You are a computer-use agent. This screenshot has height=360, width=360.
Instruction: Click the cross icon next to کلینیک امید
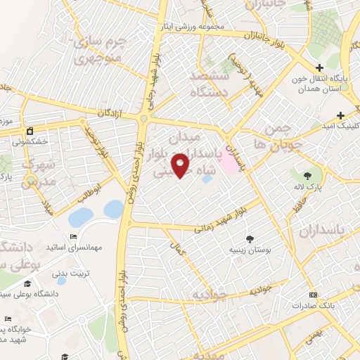tap(341, 115)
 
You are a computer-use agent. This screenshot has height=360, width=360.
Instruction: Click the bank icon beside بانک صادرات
tap(313, 295)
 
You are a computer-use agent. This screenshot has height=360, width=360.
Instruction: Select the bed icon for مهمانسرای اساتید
tap(74, 236)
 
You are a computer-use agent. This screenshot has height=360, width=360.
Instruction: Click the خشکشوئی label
tap(49, 141)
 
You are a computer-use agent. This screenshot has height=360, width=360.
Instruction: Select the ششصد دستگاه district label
tap(218, 82)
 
